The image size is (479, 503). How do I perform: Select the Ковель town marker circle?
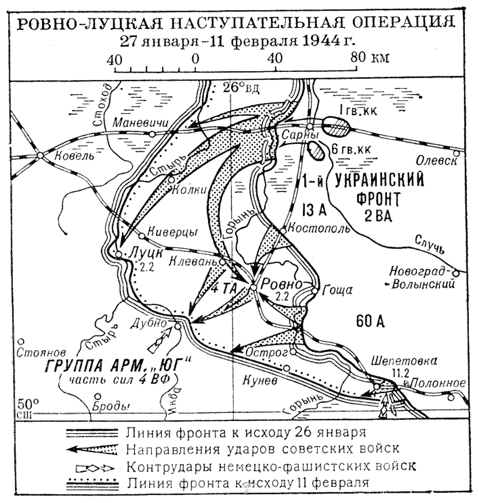[41, 155]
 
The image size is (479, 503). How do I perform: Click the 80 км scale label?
[370, 57]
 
